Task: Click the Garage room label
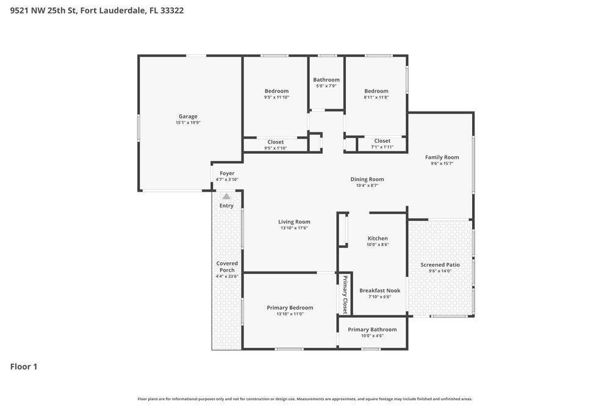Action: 188,117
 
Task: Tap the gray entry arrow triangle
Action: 226,196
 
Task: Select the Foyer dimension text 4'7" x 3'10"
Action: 227,180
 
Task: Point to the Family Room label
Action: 442,157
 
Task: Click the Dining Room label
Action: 367,179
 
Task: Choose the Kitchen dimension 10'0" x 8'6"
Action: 378,245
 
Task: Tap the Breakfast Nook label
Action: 379,290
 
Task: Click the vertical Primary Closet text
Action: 345,295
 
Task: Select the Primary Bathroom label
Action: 372,330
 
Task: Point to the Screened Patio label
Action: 440,265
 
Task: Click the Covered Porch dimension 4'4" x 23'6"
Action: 227,276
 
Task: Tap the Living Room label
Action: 294,222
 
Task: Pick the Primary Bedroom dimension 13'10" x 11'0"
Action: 290,314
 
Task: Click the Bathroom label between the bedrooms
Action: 326,80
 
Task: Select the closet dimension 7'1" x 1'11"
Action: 382,147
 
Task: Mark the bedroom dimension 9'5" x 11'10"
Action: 276,97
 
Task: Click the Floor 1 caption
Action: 24,367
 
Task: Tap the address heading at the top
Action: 97,10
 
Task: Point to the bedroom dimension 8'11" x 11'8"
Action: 376,97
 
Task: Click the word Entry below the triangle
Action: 226,206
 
